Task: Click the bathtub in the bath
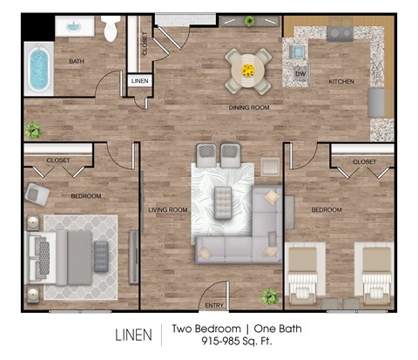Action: pyautogui.click(x=37, y=71)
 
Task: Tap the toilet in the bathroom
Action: pyautogui.click(x=111, y=30)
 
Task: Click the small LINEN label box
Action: pyautogui.click(x=139, y=80)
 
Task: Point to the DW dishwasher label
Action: pyautogui.click(x=300, y=74)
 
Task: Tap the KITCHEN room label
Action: pyautogui.click(x=341, y=81)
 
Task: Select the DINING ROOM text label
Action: pyautogui.click(x=248, y=107)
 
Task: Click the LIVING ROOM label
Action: pyautogui.click(x=168, y=209)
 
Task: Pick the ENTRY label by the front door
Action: pyautogui.click(x=213, y=304)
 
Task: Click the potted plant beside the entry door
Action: pyautogui.click(x=270, y=295)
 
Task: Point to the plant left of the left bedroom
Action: pyautogui.click(x=33, y=131)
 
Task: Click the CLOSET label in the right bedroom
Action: pyautogui.click(x=364, y=162)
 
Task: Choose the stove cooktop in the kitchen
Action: pyautogui.click(x=339, y=34)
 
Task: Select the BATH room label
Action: pyautogui.click(x=77, y=61)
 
